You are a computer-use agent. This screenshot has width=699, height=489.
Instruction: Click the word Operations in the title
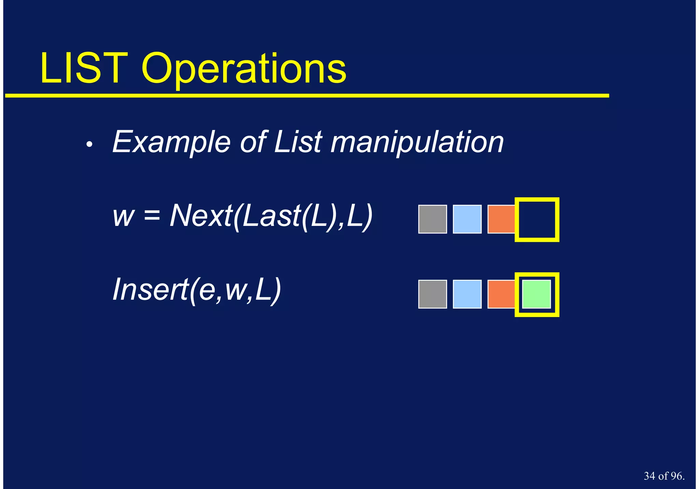tap(244, 70)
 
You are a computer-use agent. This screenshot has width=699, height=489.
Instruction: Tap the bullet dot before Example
tap(89, 145)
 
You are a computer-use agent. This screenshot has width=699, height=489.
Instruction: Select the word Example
tap(171, 142)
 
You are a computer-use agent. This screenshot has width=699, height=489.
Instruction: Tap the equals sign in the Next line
tap(152, 216)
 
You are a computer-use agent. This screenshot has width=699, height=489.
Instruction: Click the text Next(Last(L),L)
tap(271, 216)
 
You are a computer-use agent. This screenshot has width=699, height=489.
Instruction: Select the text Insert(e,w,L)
tap(197, 290)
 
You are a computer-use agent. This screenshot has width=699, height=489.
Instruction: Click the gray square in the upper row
tap(432, 219)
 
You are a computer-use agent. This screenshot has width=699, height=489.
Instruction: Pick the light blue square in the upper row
tap(467, 219)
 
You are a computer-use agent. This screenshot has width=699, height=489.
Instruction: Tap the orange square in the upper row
tap(501, 219)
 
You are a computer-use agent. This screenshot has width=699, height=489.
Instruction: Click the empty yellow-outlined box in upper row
tap(537, 219)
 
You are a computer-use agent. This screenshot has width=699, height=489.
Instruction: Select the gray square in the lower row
tap(432, 294)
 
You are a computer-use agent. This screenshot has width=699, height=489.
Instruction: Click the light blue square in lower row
tap(467, 294)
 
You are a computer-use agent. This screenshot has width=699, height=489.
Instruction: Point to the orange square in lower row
tap(501, 294)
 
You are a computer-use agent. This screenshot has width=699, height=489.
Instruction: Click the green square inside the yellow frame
tap(537, 294)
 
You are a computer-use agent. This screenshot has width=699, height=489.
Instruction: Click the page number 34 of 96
tap(664, 476)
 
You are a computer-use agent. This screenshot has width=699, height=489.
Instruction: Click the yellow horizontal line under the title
tap(307, 96)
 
